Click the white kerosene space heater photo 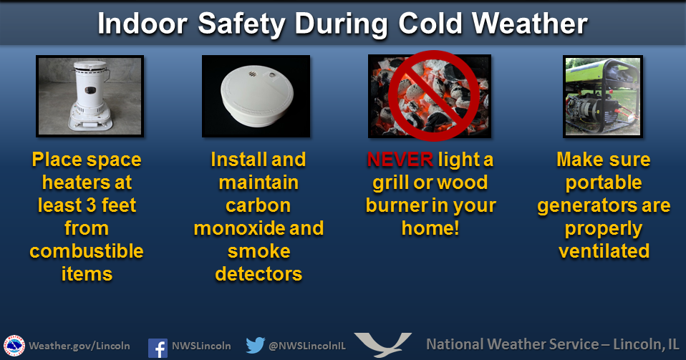90,96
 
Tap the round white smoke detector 256,97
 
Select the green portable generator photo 603,96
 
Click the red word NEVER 400,160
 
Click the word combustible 87,251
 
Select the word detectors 259,274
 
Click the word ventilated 604,251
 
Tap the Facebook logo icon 158,348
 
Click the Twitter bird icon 256,345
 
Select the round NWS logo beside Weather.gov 14,346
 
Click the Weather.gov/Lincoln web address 79,346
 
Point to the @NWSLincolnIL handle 307,346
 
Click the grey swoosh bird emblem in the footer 383,345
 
